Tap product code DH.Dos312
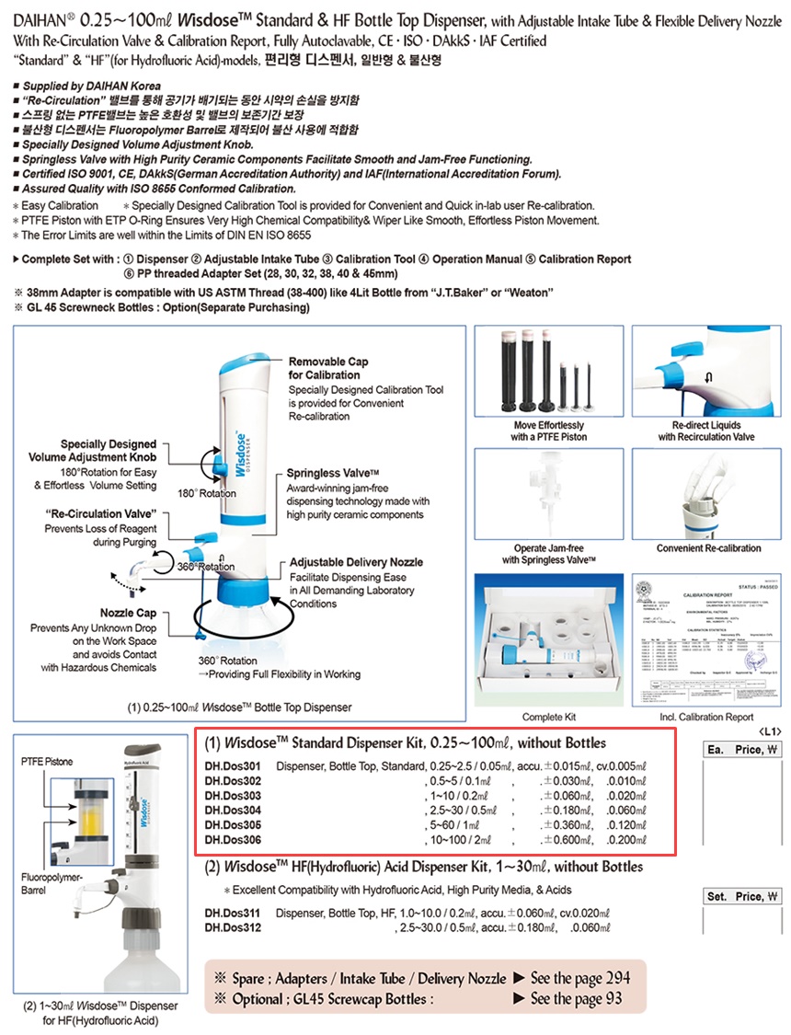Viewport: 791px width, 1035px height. point(233,927)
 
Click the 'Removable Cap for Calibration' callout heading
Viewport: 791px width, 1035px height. point(329,368)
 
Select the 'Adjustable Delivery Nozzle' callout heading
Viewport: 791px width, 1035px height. point(357,561)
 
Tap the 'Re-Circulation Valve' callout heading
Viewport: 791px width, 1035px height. point(101,512)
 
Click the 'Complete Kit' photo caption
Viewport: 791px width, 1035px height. point(549,717)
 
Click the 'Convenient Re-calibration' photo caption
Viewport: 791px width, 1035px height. point(708,548)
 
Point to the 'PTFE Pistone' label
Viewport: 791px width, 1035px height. point(46,762)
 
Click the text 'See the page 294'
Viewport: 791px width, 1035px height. point(579,978)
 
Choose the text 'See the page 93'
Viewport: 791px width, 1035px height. point(576,998)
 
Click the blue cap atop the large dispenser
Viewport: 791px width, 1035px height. point(242,361)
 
